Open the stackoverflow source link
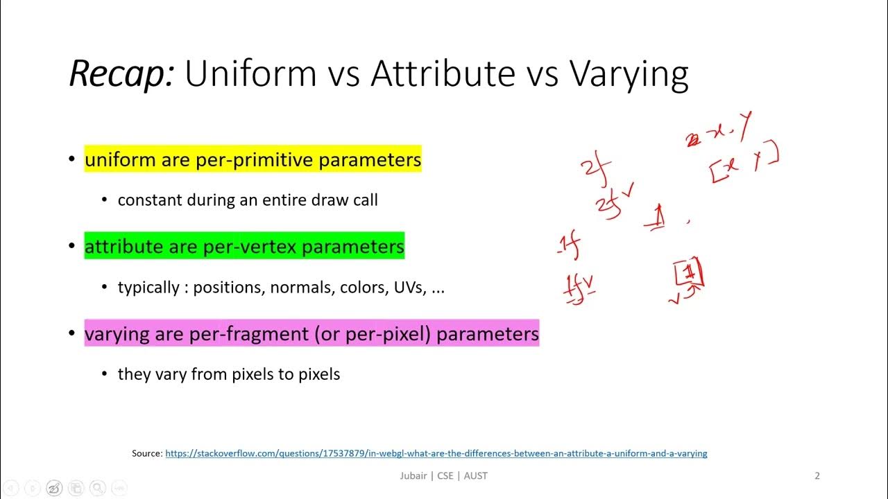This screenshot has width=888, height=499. tap(436, 453)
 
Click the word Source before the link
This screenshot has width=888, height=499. tap(146, 453)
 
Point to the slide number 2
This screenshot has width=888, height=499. tap(817, 475)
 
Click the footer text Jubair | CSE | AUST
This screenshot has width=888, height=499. tap(443, 475)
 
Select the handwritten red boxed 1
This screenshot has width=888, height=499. tap(690, 273)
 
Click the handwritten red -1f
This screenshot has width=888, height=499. tap(569, 245)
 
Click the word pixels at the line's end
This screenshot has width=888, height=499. tap(319, 374)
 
